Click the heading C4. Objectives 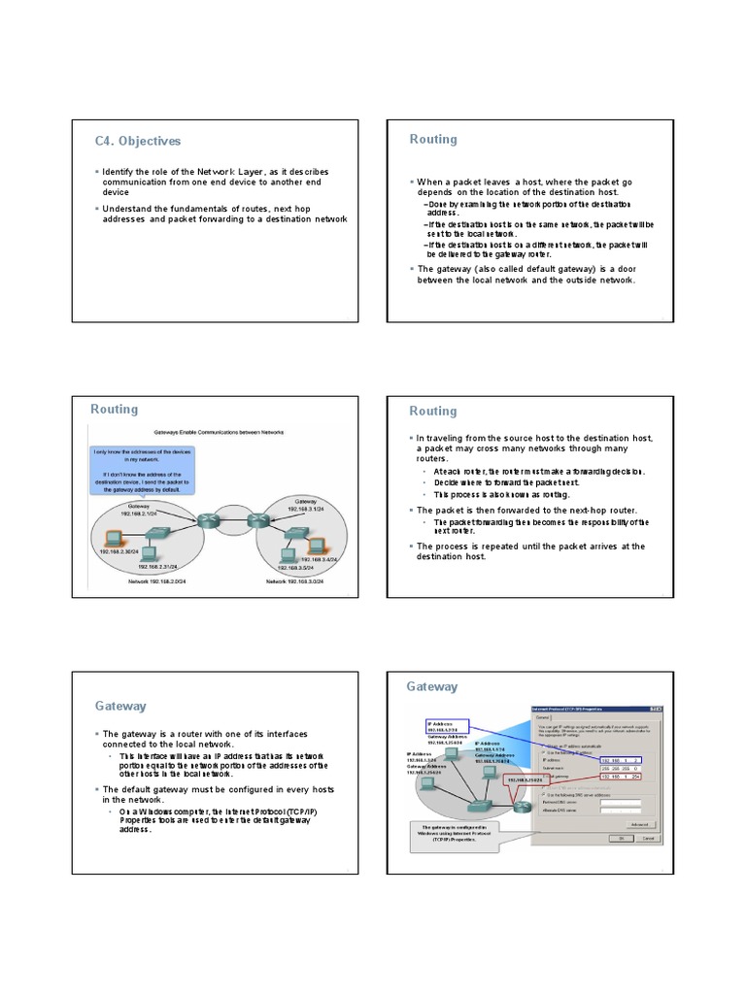pyautogui.click(x=138, y=141)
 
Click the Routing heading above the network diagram pyautogui.click(x=115, y=410)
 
